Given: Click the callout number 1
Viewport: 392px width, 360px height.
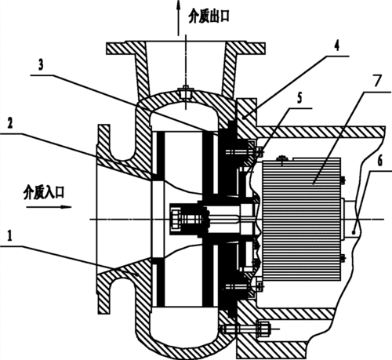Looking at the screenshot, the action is tap(9, 236).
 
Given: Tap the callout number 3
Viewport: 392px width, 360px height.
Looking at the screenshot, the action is tap(41, 65).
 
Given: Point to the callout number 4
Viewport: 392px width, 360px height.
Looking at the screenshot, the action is tap(337, 45).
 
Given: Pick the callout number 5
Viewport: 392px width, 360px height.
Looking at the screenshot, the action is tap(299, 98).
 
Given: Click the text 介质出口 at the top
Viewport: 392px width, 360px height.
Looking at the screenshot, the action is tap(209, 17).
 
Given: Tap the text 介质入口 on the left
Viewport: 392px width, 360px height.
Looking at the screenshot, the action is tap(44, 193).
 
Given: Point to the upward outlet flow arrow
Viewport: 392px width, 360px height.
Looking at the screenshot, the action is tap(179, 18).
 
